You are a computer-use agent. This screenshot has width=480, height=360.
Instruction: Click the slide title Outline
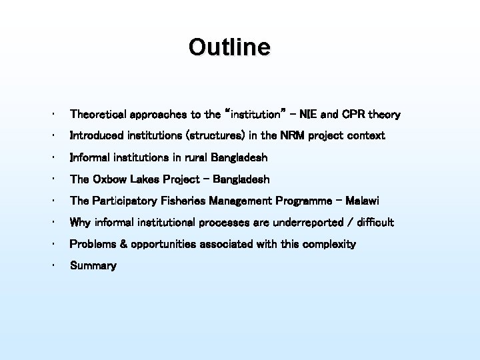(229, 47)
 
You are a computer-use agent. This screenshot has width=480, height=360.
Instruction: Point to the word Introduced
(93, 136)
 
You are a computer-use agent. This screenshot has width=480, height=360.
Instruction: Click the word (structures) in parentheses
(215, 136)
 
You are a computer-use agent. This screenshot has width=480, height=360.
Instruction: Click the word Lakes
(145, 179)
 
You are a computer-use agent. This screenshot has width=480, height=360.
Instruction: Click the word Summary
(93, 266)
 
